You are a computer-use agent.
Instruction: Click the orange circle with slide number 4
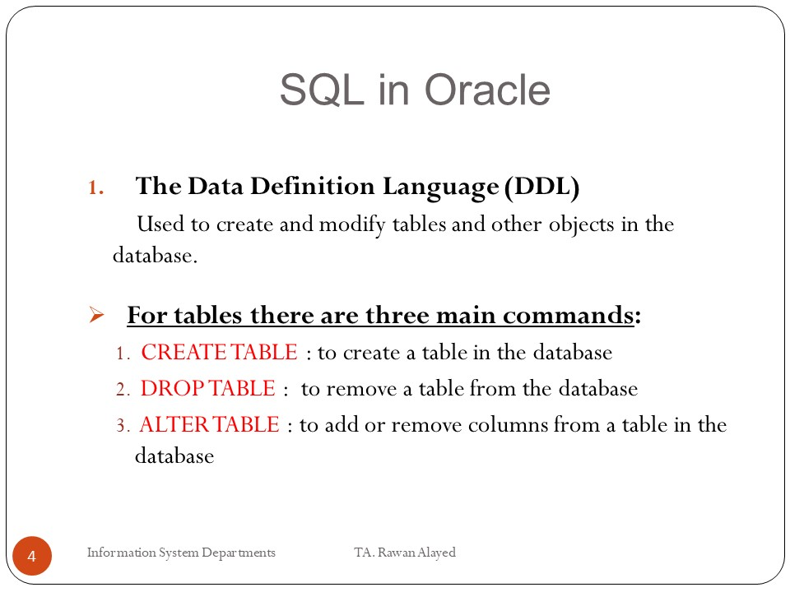coord(32,557)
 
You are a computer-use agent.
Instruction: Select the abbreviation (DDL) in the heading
coord(542,187)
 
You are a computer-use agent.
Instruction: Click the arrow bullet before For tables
coord(95,316)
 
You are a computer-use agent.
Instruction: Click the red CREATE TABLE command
coord(219,353)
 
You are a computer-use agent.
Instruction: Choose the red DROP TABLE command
coord(208,388)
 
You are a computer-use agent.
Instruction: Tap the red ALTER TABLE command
coord(210,425)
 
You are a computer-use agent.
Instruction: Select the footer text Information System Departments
coord(181,553)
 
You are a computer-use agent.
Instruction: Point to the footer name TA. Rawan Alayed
coord(405,553)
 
